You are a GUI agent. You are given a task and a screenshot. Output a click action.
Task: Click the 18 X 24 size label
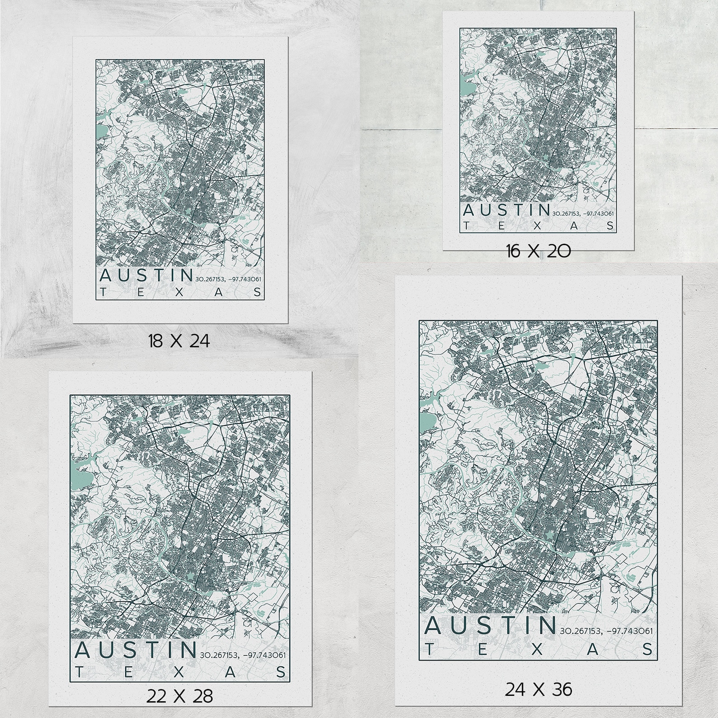click(179, 341)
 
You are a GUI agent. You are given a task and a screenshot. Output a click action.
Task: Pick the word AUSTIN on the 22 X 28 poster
click(135, 650)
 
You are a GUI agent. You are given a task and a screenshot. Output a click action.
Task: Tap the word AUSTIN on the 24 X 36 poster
click(491, 625)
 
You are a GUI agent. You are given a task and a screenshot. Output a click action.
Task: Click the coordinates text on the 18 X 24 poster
click(228, 279)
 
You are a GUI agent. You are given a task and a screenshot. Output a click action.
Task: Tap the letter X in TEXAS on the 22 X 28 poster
click(179, 672)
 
